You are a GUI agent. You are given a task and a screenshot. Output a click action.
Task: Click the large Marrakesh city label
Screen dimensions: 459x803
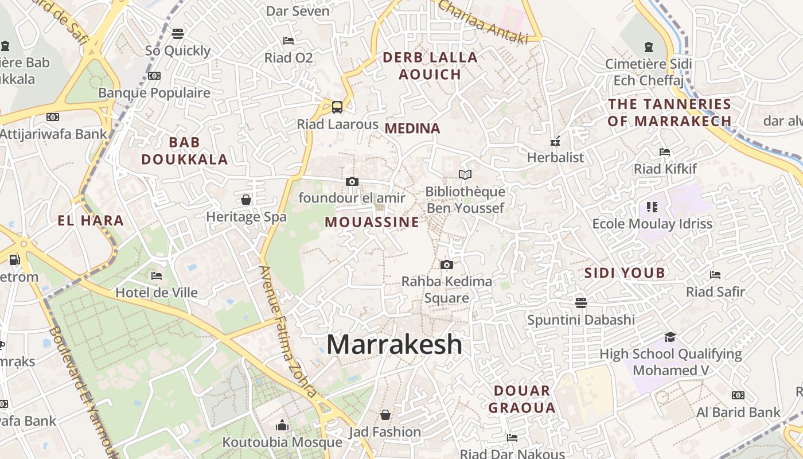[394, 344]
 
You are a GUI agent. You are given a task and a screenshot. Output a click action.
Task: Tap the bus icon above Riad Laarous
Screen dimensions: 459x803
[337, 107]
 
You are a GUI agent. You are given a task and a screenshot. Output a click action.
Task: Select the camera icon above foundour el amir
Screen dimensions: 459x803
[352, 182]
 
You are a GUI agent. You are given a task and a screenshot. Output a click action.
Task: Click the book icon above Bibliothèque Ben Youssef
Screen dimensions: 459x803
[465, 174]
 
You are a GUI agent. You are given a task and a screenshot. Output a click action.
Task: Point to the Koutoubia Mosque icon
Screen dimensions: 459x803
[282, 425]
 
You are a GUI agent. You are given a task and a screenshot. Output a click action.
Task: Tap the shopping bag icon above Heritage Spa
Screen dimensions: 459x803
[246, 200]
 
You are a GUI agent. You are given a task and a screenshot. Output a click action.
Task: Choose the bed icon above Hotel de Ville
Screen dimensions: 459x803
[156, 276]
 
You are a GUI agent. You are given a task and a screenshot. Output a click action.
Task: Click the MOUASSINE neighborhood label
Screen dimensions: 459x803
[372, 222]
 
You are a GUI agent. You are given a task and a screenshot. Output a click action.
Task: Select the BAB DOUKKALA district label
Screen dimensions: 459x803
[185, 151]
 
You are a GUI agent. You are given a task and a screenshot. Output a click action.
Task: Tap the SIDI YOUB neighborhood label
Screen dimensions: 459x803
[625, 273]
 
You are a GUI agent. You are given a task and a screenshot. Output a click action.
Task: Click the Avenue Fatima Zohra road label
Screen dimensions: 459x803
[289, 332]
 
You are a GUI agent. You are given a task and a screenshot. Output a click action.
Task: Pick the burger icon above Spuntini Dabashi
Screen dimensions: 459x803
[581, 302]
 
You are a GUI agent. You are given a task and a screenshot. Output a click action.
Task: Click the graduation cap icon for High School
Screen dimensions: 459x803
[670, 337]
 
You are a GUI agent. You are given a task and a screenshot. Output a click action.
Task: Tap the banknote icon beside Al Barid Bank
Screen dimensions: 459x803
[738, 395]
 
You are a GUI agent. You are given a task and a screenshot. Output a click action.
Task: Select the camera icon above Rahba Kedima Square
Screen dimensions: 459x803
[446, 264]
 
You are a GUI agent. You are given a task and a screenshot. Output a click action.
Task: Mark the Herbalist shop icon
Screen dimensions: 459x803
[555, 141]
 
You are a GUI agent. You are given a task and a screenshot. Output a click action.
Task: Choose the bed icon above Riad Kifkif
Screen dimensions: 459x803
[665, 152]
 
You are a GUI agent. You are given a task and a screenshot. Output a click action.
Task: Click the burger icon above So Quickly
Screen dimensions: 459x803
[178, 34]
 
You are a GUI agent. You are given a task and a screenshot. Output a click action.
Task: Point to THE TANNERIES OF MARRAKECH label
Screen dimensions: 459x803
[669, 112]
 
